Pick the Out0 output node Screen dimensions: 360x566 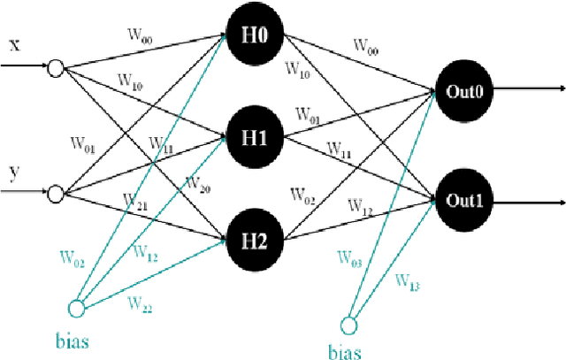(x=463, y=88)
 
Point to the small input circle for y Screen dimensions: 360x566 (x=55, y=191)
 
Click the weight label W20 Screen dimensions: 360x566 (x=195, y=183)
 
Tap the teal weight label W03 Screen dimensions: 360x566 (x=349, y=258)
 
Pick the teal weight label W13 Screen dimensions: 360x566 (x=408, y=282)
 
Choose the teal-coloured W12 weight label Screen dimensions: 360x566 (x=146, y=252)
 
